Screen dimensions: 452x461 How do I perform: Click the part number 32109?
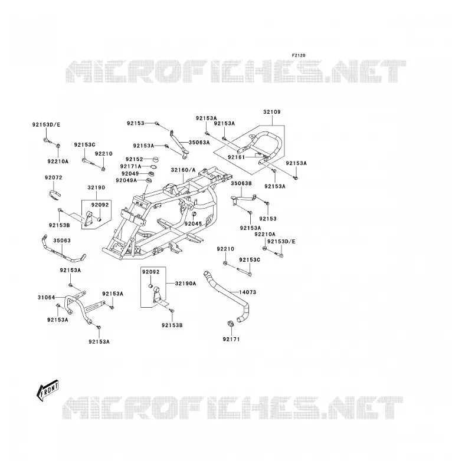pos(272,112)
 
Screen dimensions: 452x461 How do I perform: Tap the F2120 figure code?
pos(299,55)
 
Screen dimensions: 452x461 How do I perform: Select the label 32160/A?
pos(183,170)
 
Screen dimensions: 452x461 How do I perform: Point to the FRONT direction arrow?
pos(47,390)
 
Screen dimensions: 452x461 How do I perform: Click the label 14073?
pos(247,292)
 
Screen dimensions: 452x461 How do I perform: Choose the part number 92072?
pos(54,177)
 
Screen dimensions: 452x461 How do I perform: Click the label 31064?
pos(47,298)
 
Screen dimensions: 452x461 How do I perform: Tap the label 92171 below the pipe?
pos(231,340)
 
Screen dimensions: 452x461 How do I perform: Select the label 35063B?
pos(241,183)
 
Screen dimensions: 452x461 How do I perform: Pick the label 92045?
pos(194,224)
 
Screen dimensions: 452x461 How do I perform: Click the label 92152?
pos(134,159)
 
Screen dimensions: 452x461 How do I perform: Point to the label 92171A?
pos(130,166)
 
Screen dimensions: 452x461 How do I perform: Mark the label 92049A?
pos(126,180)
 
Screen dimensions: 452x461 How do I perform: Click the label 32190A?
pos(186,284)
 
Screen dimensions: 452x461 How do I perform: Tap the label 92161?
pos(236,157)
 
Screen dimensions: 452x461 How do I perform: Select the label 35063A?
pos(199,143)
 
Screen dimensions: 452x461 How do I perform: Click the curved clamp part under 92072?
pos(54,195)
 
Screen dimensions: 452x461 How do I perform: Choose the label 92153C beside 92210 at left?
pos(85,145)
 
